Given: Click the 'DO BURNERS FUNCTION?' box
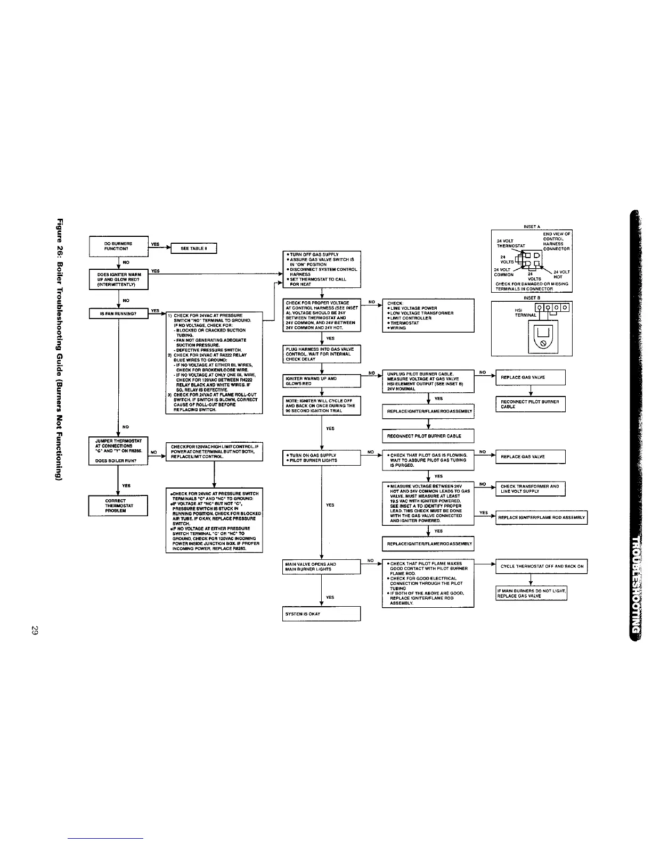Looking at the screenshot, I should point(118,246).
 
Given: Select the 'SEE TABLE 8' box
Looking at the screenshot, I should point(193,249).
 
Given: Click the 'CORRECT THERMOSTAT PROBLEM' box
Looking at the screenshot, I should point(118,506).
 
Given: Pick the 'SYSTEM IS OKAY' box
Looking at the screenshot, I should point(321,614).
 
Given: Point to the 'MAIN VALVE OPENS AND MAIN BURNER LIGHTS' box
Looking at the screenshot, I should point(321,566).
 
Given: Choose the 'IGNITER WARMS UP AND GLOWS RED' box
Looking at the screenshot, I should point(321,381).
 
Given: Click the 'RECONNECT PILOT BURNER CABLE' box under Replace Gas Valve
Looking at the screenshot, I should point(530,404).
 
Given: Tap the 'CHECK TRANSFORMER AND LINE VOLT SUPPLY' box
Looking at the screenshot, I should point(530,489).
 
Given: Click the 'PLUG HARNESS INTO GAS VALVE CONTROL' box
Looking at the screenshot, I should point(321,353).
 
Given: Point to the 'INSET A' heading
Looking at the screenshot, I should point(532,227).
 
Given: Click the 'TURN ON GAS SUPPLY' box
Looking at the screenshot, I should point(321,458).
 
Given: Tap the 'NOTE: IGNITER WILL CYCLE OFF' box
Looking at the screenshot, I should point(321,406).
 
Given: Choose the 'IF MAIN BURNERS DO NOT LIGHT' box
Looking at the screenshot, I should point(531,593).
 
